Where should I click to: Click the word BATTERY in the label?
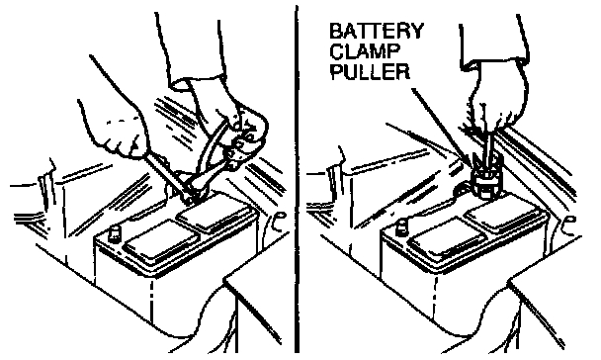coord(377,31)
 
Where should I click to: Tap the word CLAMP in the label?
coord(360,51)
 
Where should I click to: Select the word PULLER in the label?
coord(370,71)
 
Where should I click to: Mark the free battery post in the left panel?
coord(114,233)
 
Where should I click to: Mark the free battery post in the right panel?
coord(402,226)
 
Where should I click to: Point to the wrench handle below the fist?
coord(166,172)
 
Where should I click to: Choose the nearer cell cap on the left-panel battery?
coord(162,242)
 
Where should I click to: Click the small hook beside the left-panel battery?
coord(279,223)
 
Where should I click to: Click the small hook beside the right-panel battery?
coord(570,225)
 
